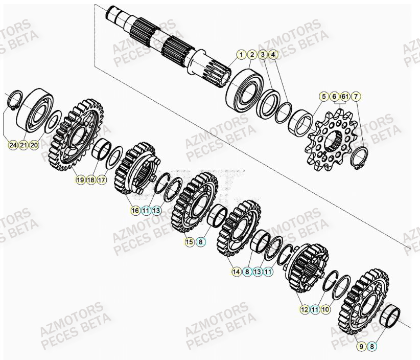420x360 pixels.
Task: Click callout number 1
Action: coord(241,55)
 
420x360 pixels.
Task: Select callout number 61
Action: coord(345,97)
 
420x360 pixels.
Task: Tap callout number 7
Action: coord(356,97)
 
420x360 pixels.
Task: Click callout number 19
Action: coord(80,180)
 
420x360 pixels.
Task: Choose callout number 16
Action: coord(135,210)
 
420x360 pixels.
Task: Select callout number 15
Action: coord(190,242)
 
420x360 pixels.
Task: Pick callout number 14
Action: coord(236,272)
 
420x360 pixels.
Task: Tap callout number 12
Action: coord(305,309)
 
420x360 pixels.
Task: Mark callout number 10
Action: coord(326,309)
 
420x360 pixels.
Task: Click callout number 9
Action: coord(362,347)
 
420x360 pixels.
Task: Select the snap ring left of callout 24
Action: coord(16,99)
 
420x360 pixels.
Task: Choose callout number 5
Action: coord(323,97)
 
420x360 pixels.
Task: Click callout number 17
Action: coord(102,180)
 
